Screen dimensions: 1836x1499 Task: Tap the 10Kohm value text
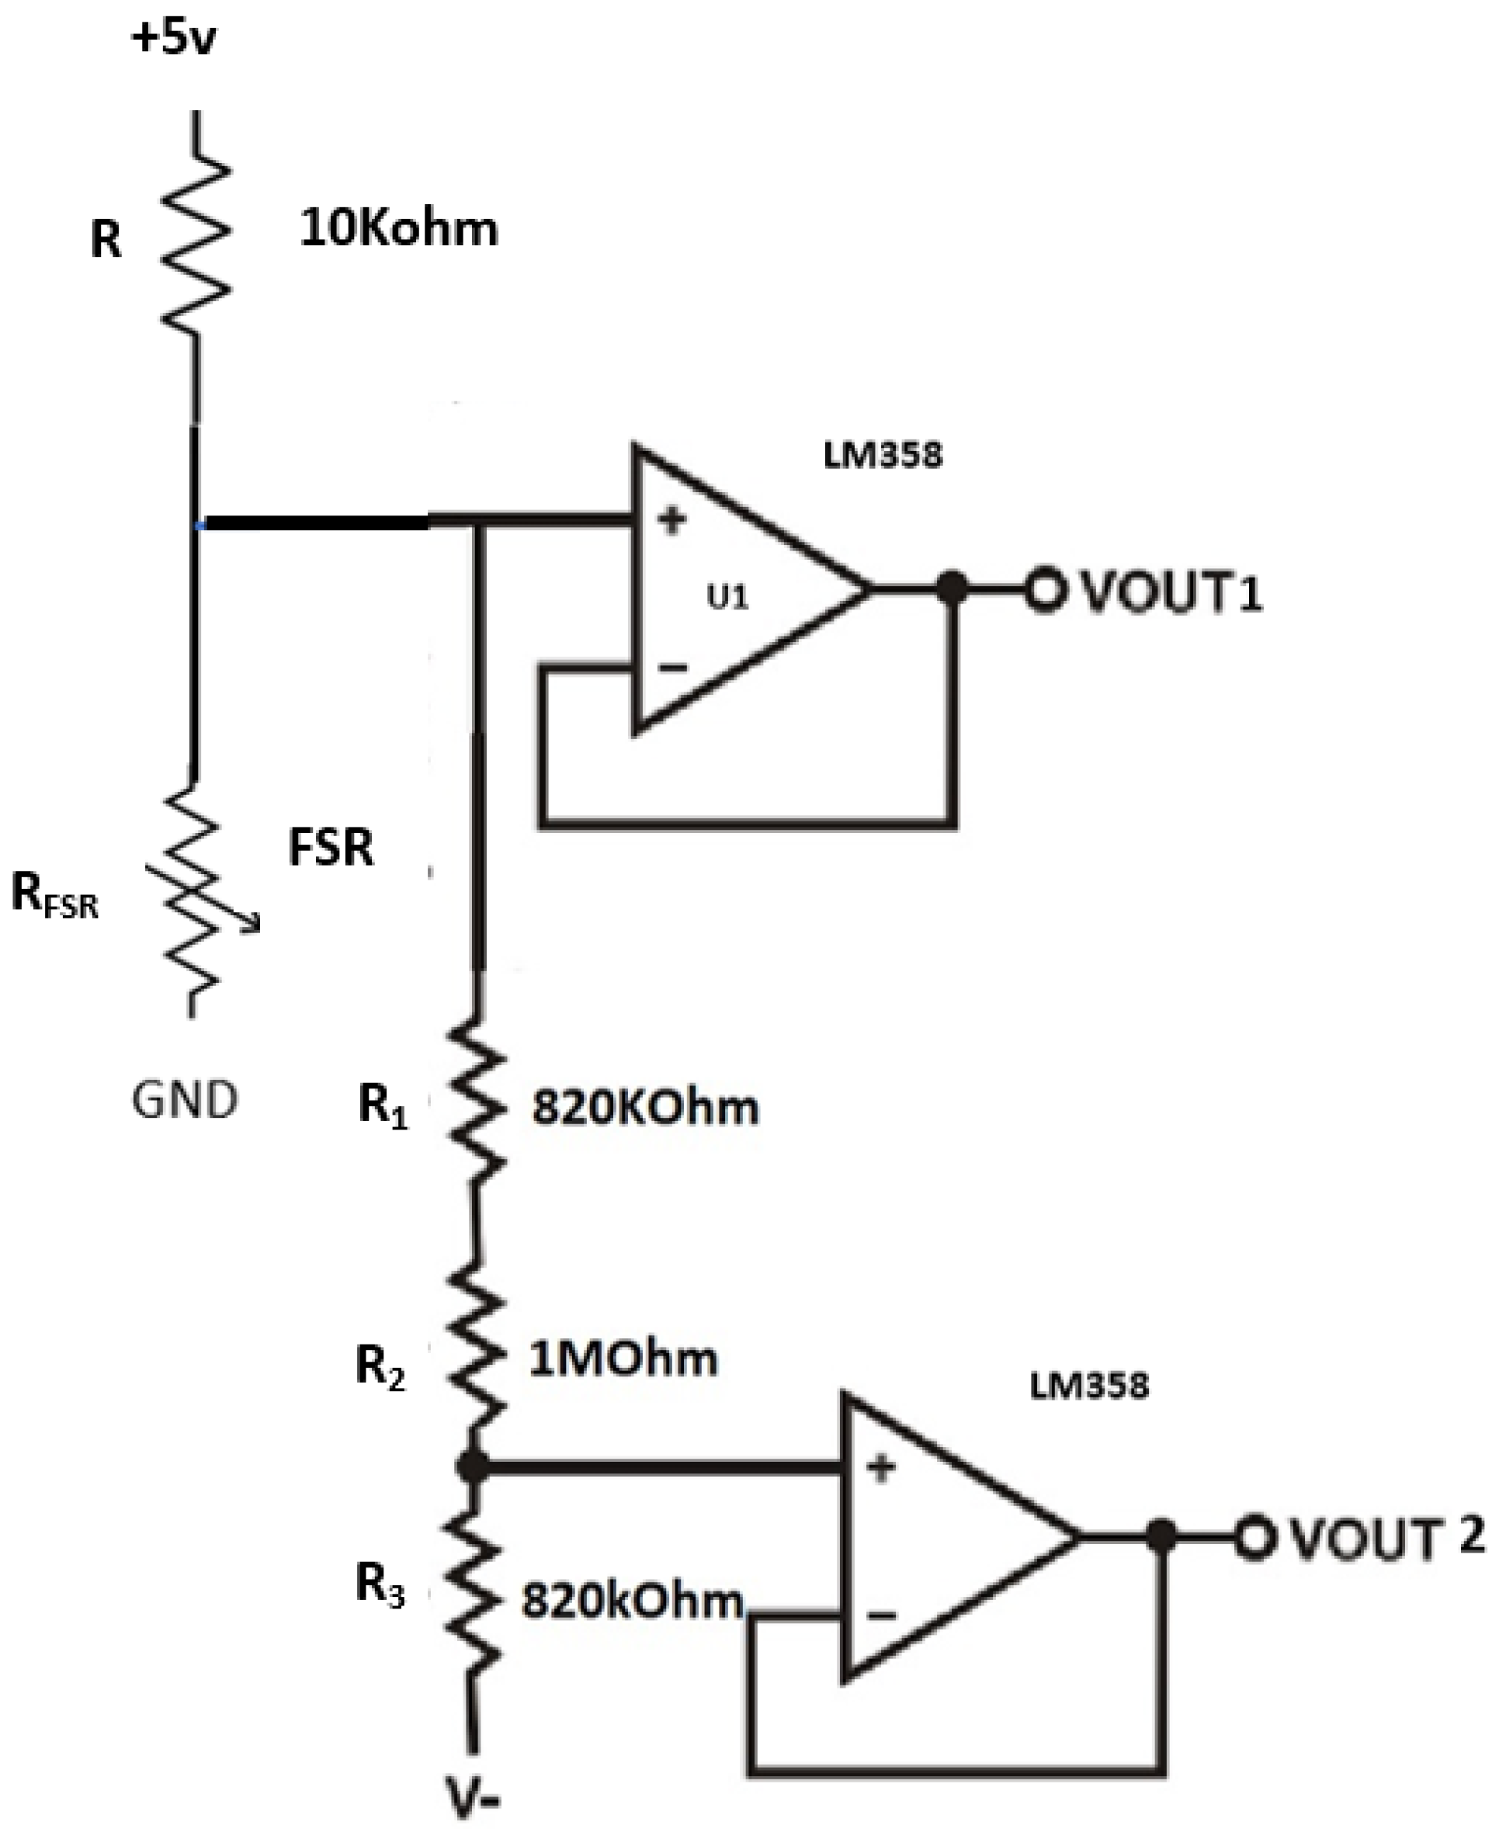click(398, 230)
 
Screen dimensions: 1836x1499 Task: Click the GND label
click(184, 1101)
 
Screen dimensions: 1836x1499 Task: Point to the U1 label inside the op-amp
click(727, 598)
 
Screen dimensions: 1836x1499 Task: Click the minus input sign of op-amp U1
click(673, 667)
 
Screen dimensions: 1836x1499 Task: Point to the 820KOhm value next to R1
click(644, 1108)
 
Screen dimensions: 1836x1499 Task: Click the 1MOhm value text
click(623, 1359)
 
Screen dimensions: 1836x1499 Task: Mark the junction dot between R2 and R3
click(472, 1466)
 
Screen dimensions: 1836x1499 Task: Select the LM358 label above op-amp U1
click(883, 455)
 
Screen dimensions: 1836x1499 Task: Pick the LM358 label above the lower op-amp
click(1089, 1386)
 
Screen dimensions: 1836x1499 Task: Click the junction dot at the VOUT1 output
click(952, 590)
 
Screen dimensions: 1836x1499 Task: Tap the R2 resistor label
click(380, 1367)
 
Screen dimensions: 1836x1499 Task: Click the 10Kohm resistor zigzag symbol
click(197, 246)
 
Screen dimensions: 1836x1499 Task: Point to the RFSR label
click(54, 896)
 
